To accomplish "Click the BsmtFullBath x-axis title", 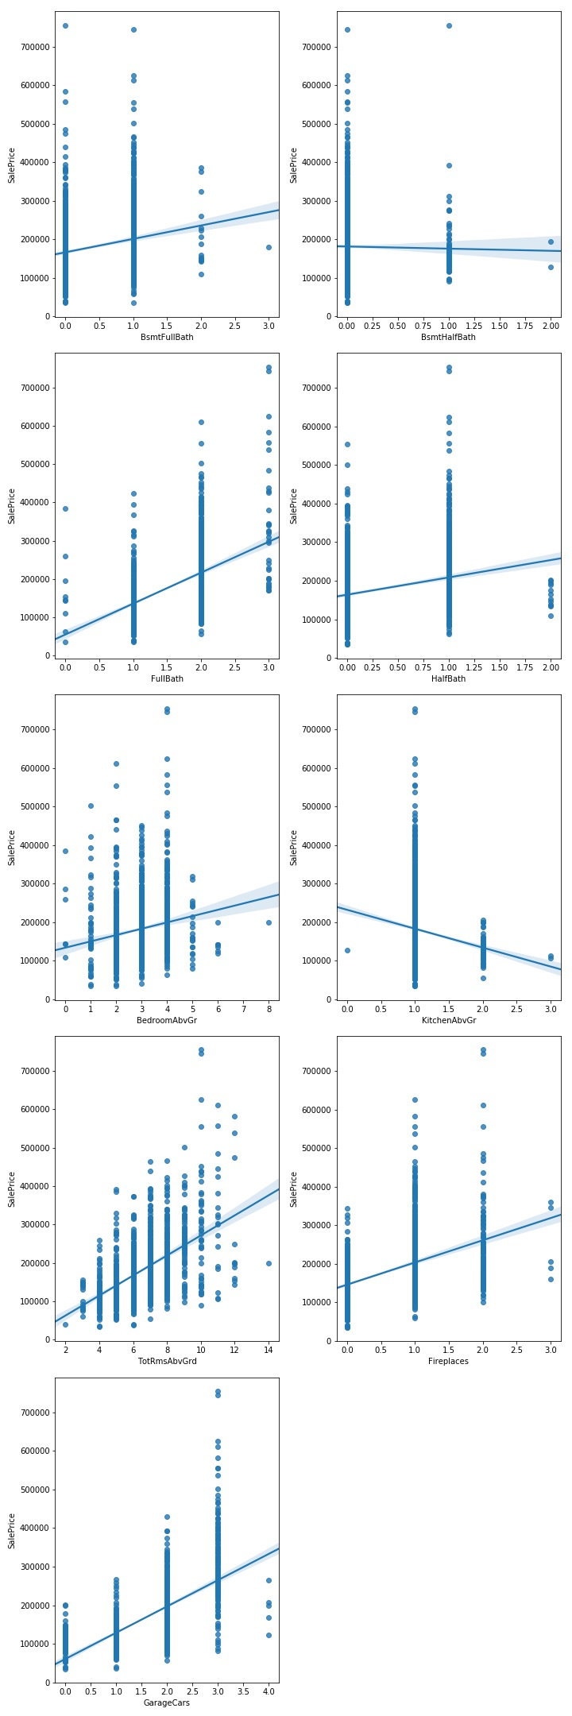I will pyautogui.click(x=167, y=337).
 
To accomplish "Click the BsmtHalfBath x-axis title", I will pyautogui.click(x=449, y=337).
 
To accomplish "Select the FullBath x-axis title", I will pyautogui.click(x=167, y=678).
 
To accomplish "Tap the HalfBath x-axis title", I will pyautogui.click(x=449, y=678).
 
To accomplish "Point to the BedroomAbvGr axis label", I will pyautogui.click(x=167, y=1020).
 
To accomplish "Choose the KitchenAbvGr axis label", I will pyautogui.click(x=449, y=1020).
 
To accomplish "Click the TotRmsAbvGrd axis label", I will pyautogui.click(x=167, y=1362).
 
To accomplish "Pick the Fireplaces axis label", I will pyautogui.click(x=449, y=1362).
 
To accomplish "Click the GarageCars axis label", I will pyautogui.click(x=167, y=1702).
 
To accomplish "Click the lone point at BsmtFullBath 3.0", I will pyautogui.click(x=269, y=247).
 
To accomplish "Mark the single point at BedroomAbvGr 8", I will pyautogui.click(x=269, y=922).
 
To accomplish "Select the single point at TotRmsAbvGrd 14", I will pyautogui.click(x=269, y=1263).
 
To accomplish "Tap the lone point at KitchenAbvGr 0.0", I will pyautogui.click(x=347, y=950).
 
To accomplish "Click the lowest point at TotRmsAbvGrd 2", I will pyautogui.click(x=65, y=1324).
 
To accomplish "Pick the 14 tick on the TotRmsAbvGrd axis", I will pyautogui.click(x=269, y=1351).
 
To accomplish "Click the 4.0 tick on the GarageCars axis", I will pyautogui.click(x=269, y=1692).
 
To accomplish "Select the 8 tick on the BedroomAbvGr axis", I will pyautogui.click(x=269, y=1009).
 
